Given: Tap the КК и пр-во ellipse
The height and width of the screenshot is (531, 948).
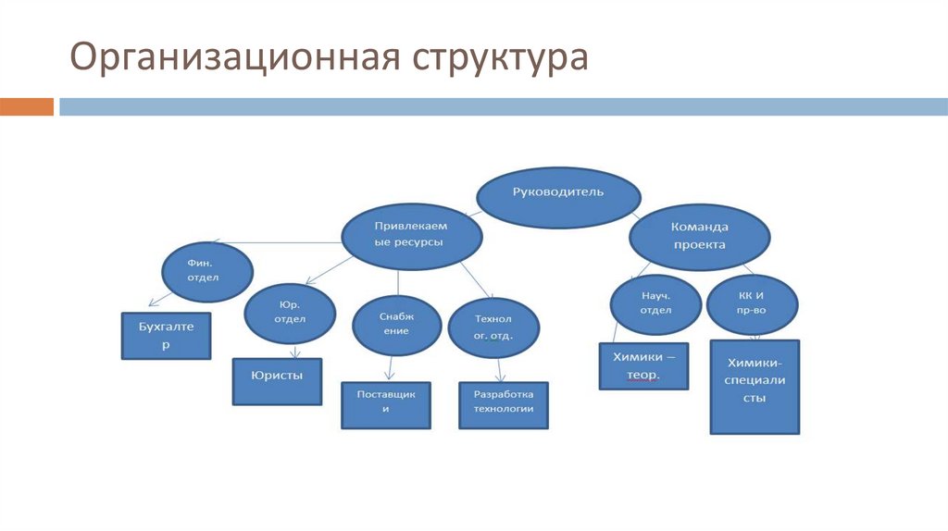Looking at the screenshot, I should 751,303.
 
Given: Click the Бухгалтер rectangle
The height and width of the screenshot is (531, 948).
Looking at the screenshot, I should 168,336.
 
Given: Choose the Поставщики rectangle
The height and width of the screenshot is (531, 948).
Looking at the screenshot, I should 386,405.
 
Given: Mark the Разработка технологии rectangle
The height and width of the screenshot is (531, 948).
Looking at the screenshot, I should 504,405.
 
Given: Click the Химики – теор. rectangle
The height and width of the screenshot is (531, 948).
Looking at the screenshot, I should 644,366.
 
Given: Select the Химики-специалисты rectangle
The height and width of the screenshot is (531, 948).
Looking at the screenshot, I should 755,387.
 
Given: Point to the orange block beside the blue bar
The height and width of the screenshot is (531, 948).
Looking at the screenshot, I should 27,106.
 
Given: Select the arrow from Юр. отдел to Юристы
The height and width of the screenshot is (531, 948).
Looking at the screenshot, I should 294,352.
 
